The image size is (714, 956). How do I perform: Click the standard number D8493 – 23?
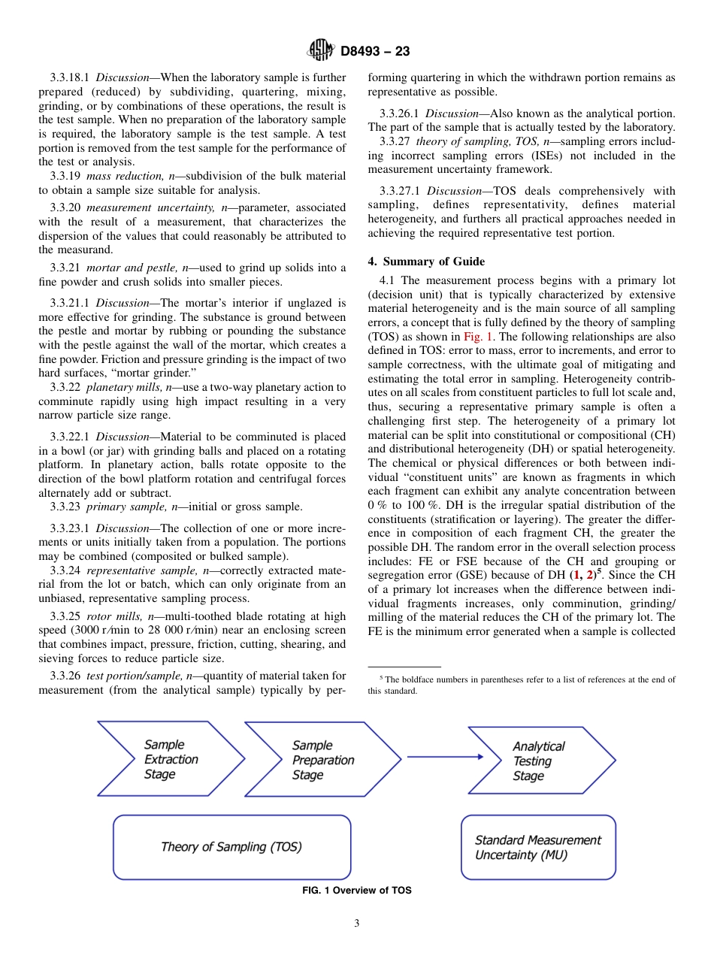click(x=375, y=52)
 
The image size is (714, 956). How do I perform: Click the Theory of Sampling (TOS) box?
click(x=231, y=847)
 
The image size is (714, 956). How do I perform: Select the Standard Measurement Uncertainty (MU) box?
click(x=538, y=847)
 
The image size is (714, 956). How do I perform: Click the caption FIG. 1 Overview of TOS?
click(x=356, y=891)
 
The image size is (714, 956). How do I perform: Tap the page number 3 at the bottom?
click(x=356, y=924)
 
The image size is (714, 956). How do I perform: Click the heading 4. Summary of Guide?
click(x=426, y=262)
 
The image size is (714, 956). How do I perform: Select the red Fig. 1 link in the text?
click(x=477, y=337)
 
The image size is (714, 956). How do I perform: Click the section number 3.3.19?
click(x=66, y=176)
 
